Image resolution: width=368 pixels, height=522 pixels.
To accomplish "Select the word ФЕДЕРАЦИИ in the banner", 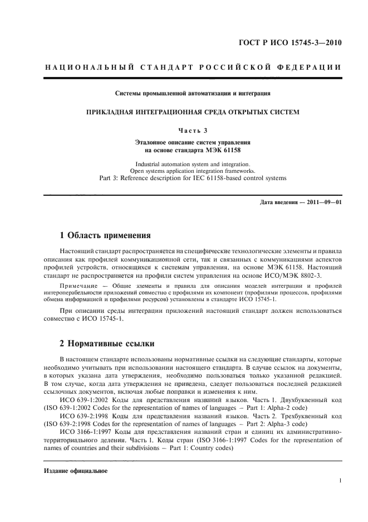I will coord(312,68).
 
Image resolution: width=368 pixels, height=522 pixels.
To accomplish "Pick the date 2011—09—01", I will coord(322,201).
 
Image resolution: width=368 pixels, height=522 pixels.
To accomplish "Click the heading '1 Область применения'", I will coord(105,234).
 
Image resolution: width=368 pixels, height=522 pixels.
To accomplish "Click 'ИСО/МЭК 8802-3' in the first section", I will coord(303,275).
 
